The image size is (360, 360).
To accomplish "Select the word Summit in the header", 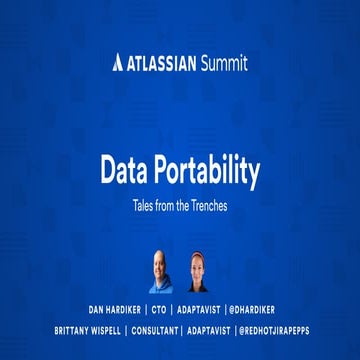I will point(221,64).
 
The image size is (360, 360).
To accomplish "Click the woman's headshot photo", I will point(196,271).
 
